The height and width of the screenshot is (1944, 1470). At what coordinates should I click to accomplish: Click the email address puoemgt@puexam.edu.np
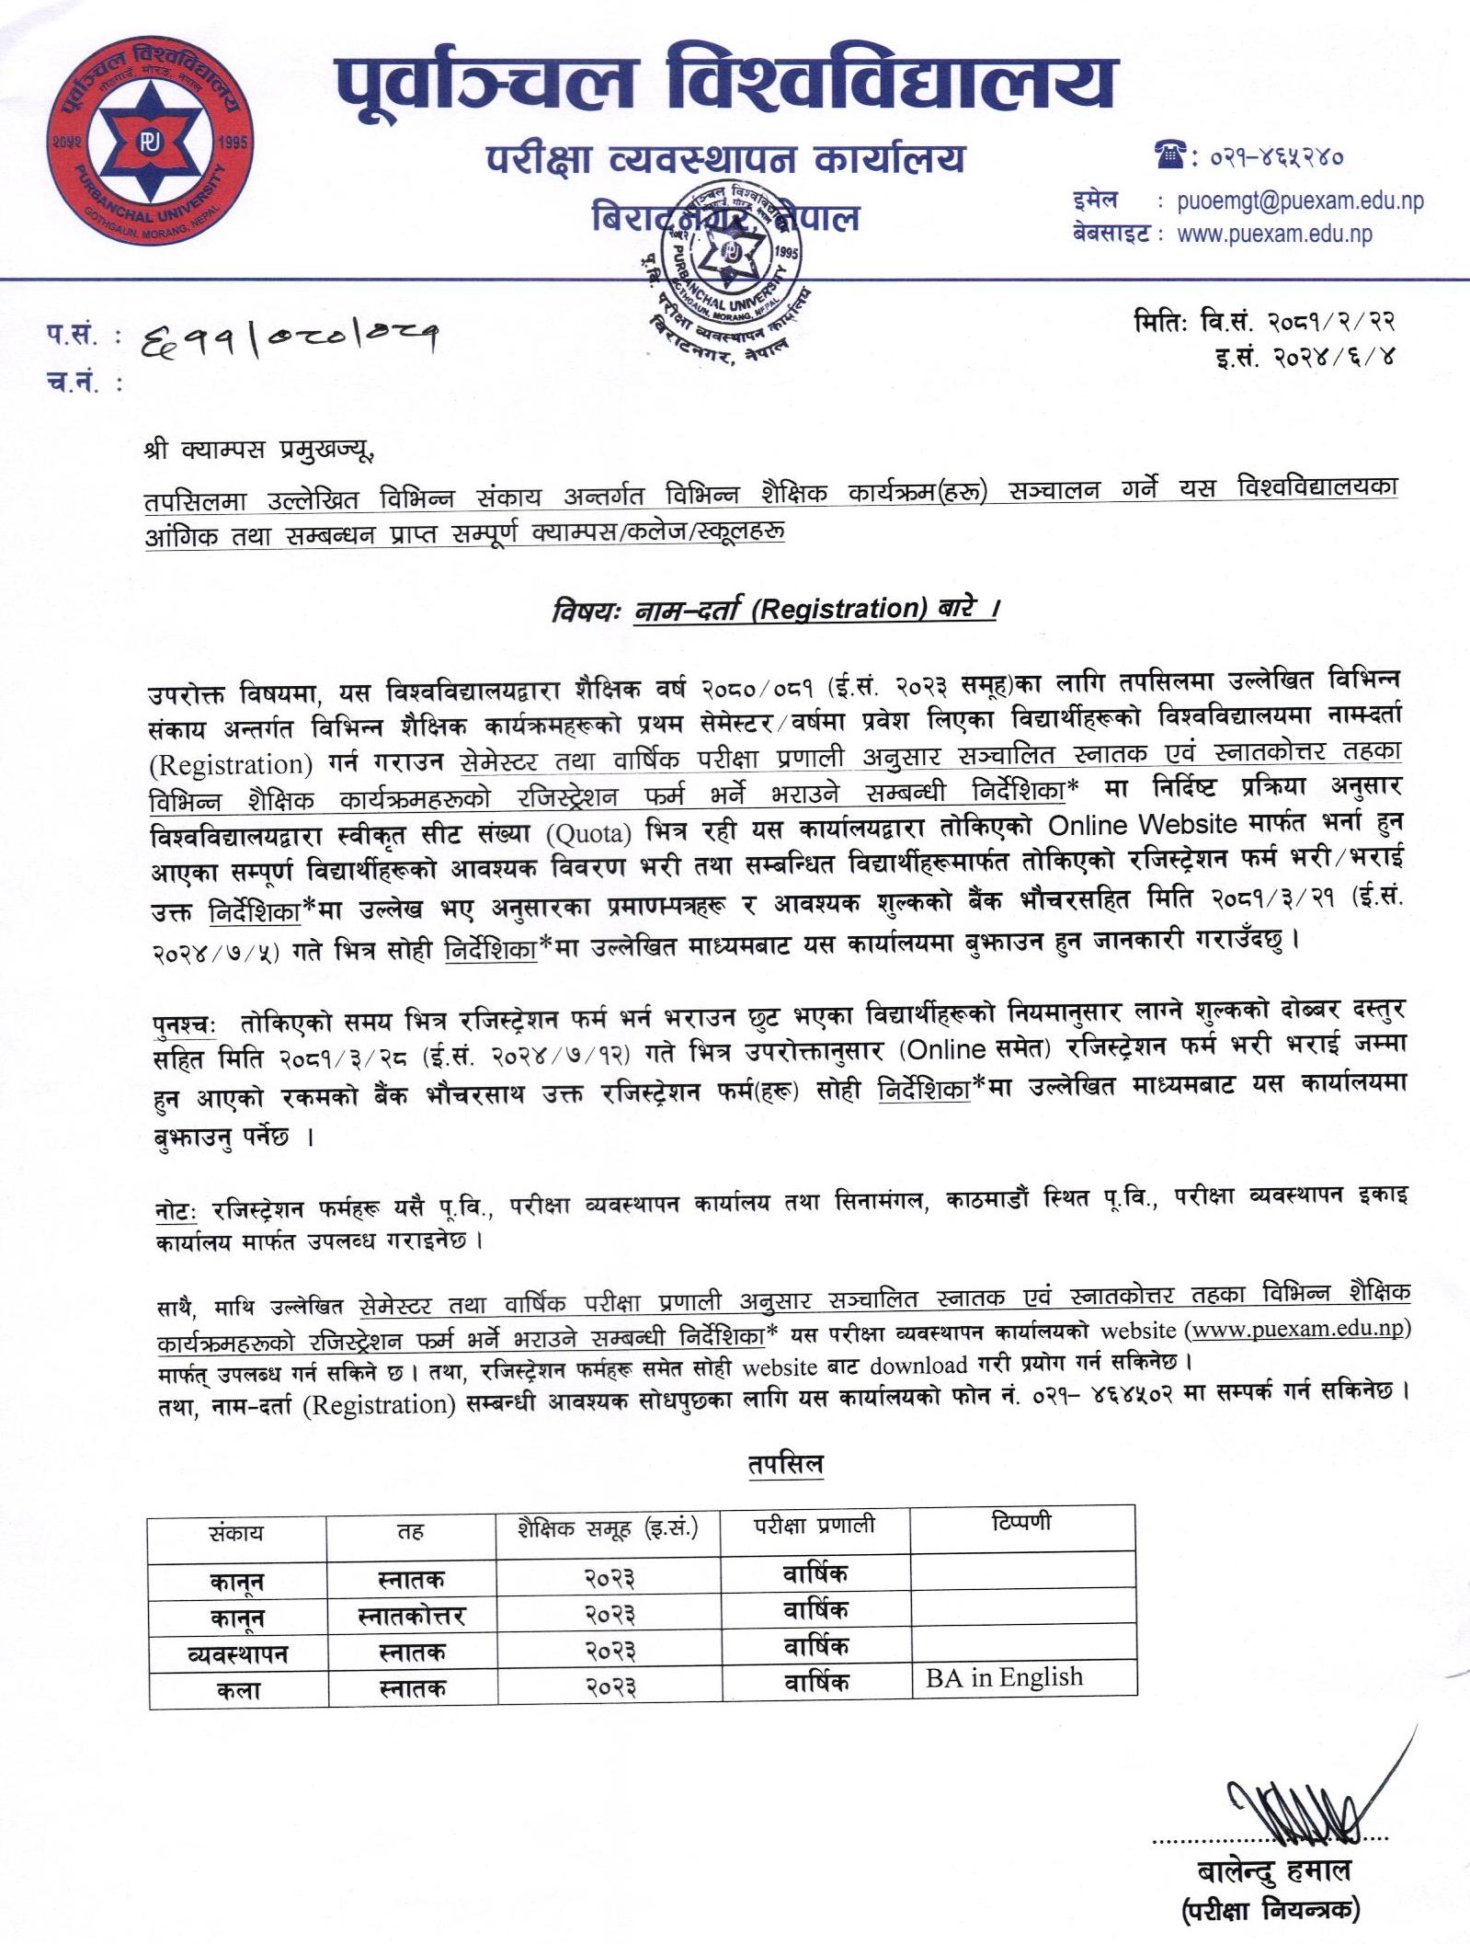click(1299, 201)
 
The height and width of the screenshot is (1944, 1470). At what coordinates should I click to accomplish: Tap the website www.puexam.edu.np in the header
click(1274, 234)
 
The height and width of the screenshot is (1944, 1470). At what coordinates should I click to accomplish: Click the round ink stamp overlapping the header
click(733, 267)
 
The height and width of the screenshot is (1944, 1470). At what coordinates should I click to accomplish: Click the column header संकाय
click(236, 1532)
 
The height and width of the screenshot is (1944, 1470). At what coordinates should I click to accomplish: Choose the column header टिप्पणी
click(1020, 1523)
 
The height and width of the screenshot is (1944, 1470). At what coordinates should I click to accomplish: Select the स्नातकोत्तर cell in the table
click(411, 1616)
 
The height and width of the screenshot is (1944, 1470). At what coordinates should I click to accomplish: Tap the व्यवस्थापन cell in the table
click(237, 1653)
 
